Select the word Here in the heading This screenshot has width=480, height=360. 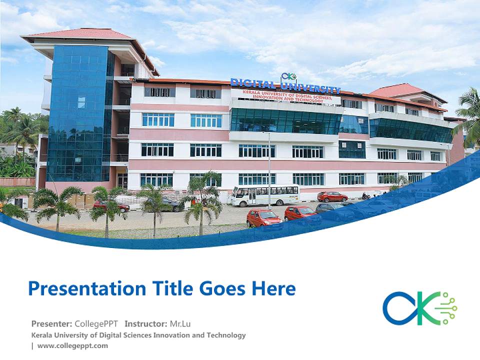(274, 288)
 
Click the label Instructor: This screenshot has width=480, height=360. (145, 323)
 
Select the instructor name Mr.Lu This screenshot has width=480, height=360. (180, 323)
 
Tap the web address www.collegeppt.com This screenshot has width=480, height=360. (72, 345)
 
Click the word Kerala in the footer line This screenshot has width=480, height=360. (42, 335)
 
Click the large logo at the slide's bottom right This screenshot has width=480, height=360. (419, 308)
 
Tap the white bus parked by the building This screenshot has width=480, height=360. (265, 195)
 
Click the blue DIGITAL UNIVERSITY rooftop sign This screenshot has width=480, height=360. (285, 86)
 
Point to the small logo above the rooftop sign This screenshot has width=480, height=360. (288, 76)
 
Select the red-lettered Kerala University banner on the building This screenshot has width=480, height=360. (287, 96)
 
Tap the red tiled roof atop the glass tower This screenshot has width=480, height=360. (80, 34)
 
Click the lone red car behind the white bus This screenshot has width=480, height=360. (332, 196)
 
